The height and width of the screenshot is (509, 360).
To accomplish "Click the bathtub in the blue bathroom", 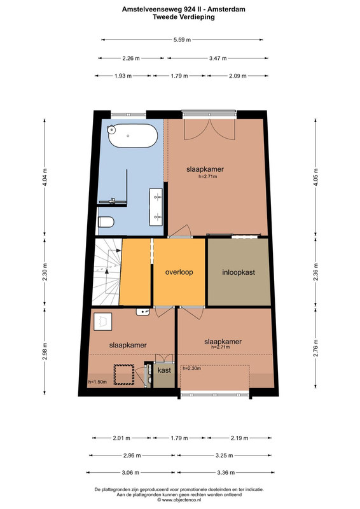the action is pyautogui.click(x=133, y=136).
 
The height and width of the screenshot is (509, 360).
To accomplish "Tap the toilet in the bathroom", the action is pyautogui.click(x=106, y=222).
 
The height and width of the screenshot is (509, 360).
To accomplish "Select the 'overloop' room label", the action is pyautogui.click(x=179, y=272).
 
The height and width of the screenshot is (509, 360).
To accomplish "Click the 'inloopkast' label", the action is pyautogui.click(x=239, y=272).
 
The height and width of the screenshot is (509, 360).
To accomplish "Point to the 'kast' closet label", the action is pyautogui.click(x=164, y=370).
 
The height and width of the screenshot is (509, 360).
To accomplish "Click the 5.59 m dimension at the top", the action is pyautogui.click(x=182, y=39).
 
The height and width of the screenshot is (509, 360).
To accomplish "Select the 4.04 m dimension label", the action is pyautogui.click(x=45, y=177).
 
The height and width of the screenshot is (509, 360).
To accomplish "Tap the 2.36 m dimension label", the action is pyautogui.click(x=316, y=272).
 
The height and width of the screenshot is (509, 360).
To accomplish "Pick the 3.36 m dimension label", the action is pyautogui.click(x=226, y=472).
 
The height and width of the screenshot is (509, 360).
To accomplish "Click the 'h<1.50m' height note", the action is pyautogui.click(x=97, y=382).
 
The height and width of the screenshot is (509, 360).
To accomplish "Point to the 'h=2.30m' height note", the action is pyautogui.click(x=191, y=368).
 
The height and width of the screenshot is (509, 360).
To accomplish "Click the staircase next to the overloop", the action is pyautogui.click(x=106, y=272).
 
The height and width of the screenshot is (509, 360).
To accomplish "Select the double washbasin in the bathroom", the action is pyautogui.click(x=156, y=207).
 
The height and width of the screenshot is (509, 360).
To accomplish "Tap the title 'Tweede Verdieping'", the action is pyautogui.click(x=184, y=17).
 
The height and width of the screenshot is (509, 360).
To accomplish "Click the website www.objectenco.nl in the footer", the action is pyautogui.click(x=181, y=500).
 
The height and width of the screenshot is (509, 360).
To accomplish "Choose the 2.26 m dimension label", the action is pyautogui.click(x=131, y=59).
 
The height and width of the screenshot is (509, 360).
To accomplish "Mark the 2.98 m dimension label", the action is pyautogui.click(x=45, y=351).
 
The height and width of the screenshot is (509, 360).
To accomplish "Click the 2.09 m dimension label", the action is pyautogui.click(x=238, y=76).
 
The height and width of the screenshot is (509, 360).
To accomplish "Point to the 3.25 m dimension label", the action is pyautogui.click(x=225, y=456).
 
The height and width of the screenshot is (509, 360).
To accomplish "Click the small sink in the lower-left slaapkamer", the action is pyautogui.click(x=143, y=312).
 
